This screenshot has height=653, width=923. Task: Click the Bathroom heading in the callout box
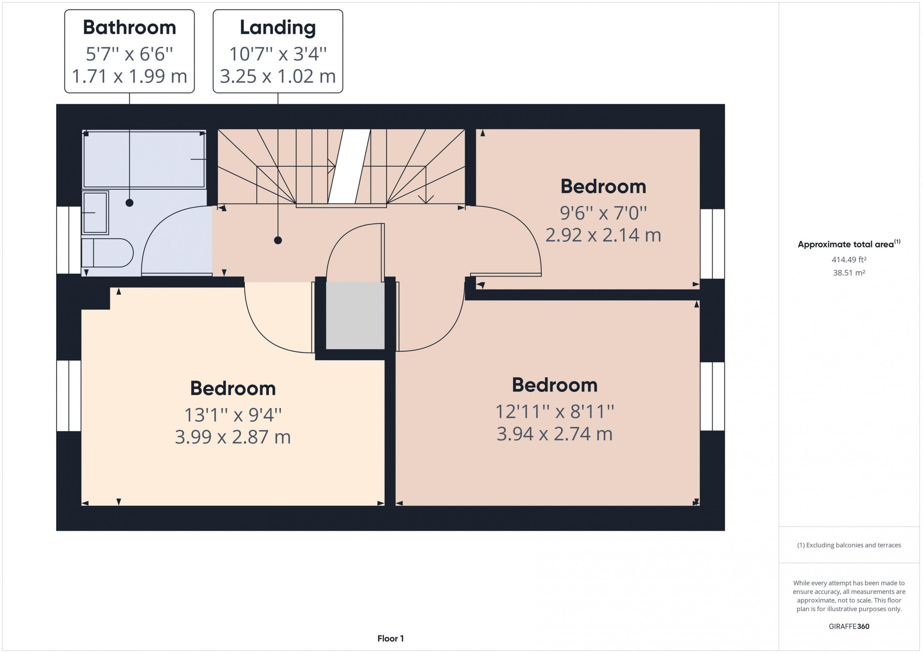(x=129, y=27)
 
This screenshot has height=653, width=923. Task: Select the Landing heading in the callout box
(x=278, y=28)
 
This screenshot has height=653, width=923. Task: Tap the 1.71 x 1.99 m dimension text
(x=129, y=76)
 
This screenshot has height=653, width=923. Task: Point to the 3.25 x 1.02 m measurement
(x=278, y=76)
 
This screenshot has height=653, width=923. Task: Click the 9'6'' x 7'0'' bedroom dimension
(x=603, y=213)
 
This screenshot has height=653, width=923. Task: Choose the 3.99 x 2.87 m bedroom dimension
(x=233, y=437)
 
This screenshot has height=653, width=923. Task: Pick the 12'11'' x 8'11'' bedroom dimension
(x=555, y=411)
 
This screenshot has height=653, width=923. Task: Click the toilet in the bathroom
(x=107, y=253)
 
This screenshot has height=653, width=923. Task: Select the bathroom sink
(x=95, y=213)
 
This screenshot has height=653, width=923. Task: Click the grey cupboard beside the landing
(x=355, y=316)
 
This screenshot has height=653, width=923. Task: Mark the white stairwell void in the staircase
(x=349, y=166)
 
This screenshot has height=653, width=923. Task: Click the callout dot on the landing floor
(x=278, y=241)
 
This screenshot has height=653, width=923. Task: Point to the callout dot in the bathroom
(x=129, y=203)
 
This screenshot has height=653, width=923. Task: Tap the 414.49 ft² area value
(x=849, y=260)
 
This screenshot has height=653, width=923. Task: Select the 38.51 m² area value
(x=849, y=273)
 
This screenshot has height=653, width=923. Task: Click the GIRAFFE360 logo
(x=849, y=626)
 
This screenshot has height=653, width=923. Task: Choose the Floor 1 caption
(x=390, y=638)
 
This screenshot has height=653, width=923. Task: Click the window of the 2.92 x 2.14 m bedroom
(x=712, y=244)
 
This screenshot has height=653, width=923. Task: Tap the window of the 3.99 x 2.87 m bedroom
(x=69, y=396)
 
